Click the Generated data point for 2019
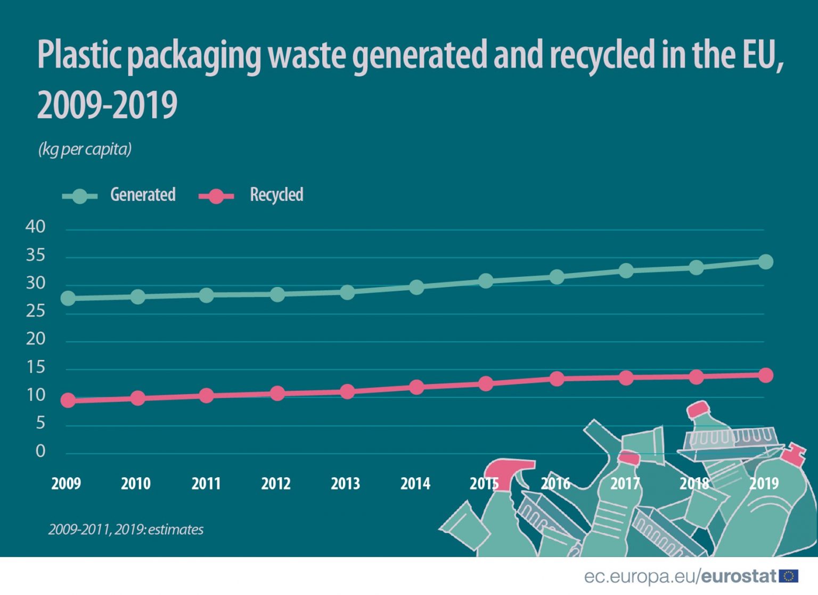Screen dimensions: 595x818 [765, 262]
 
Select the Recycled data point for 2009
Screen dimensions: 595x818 [68, 400]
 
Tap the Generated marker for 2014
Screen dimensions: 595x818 [416, 287]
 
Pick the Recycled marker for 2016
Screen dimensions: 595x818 [557, 379]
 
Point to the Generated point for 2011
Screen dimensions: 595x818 [207, 295]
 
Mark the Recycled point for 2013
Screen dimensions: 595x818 [347, 392]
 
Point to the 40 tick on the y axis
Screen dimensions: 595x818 [36, 227]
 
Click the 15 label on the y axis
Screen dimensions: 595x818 [36, 367]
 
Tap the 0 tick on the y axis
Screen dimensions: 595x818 [40, 452]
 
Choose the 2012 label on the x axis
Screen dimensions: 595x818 [276, 484]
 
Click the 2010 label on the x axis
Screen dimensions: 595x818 [136, 484]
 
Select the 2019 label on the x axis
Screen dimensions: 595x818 [764, 484]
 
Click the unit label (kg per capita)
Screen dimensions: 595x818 [85, 149]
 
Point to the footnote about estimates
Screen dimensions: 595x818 [126, 529]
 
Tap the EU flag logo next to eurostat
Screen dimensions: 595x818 [789, 576]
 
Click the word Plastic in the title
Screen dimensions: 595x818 [80, 55]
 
